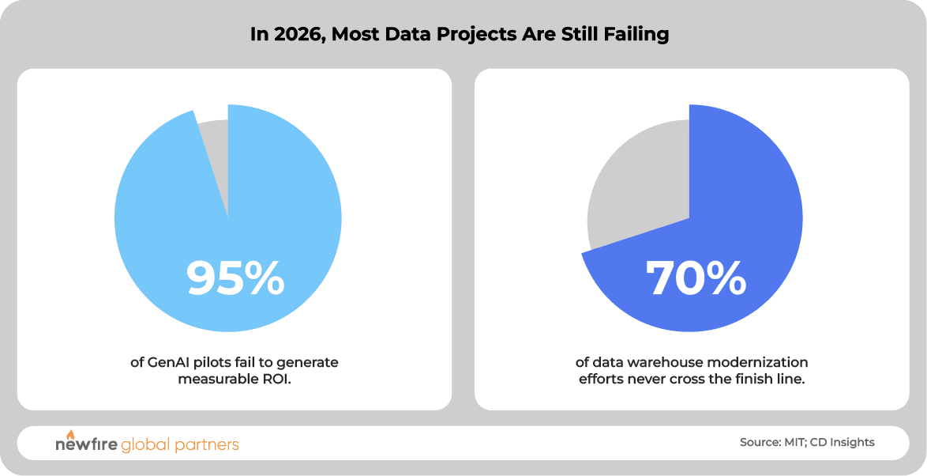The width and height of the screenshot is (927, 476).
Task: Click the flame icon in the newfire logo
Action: (x=69, y=435)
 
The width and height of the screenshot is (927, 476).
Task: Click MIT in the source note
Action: (x=795, y=443)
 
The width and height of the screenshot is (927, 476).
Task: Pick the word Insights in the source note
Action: (x=850, y=443)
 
